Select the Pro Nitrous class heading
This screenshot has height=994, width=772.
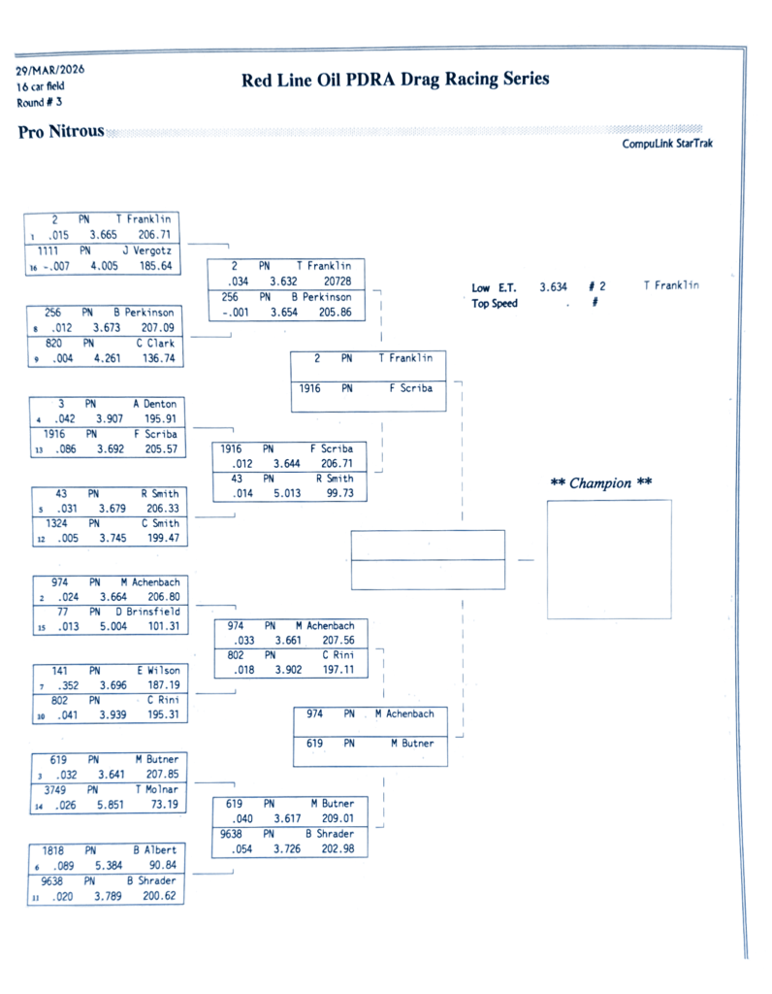coord(60,132)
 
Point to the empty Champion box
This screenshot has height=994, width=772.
coord(608,559)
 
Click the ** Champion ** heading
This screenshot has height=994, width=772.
coord(601,482)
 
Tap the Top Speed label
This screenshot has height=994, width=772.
coord(495,303)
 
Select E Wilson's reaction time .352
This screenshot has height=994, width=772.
coord(67,684)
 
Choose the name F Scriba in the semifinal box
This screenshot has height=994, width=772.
coord(411,388)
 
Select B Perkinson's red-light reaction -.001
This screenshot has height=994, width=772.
coord(234,313)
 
